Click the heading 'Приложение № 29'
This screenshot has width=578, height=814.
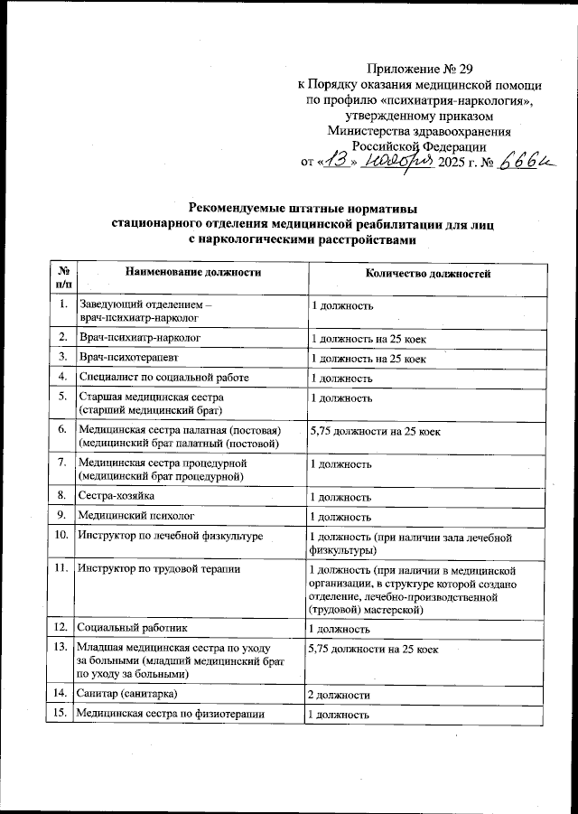[420, 69]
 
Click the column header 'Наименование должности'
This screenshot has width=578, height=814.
[193, 272]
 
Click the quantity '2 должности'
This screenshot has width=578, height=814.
[339, 694]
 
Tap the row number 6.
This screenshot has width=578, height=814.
[62, 430]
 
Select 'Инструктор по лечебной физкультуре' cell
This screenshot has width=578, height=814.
[171, 537]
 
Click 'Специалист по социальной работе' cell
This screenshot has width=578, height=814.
[163, 377]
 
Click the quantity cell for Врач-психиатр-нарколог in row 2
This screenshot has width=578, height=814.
[368, 339]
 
